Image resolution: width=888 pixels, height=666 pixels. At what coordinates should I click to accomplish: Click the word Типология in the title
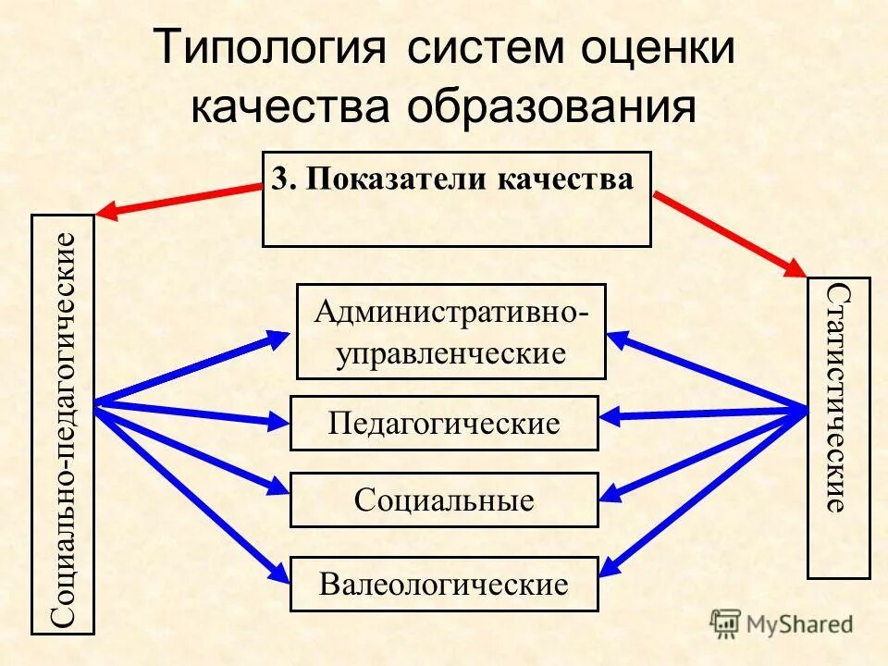(268, 49)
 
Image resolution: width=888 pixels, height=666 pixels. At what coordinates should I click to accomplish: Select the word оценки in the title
(659, 49)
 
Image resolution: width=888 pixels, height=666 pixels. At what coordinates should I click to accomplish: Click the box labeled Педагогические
(444, 424)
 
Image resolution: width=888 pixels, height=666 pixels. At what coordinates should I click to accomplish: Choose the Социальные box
(444, 500)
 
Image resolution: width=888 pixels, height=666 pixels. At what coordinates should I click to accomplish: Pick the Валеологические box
(444, 584)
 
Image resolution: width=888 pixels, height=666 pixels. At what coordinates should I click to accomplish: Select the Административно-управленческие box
(450, 331)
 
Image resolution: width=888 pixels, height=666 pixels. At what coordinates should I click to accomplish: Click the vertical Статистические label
(838, 398)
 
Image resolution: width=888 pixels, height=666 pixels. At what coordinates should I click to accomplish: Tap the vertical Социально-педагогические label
(63, 425)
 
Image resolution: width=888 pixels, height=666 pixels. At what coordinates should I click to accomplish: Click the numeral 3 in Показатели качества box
(281, 179)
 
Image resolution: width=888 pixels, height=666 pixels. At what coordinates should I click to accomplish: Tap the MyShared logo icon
(726, 624)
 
